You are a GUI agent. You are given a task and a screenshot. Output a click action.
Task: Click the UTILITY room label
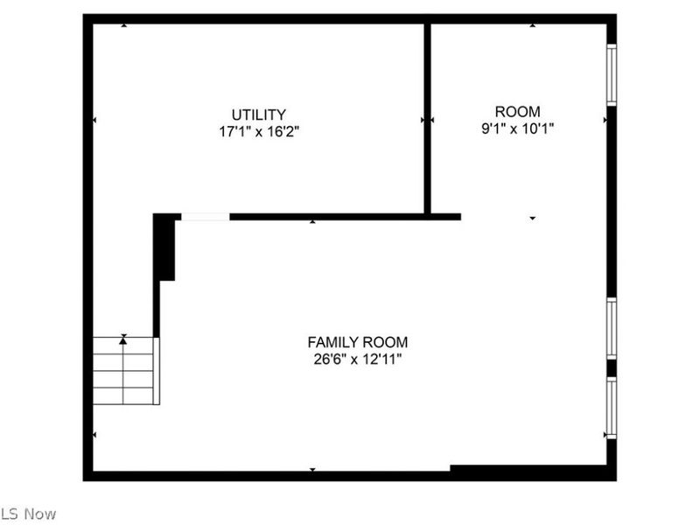[x=258, y=115]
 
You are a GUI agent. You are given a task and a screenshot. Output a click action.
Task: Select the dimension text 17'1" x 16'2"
[x=258, y=132]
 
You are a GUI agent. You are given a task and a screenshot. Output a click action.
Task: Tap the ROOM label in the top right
[x=517, y=111]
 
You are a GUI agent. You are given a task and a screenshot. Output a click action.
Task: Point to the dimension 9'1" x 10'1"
[x=517, y=128]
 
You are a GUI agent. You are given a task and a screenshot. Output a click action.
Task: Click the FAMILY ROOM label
[x=357, y=342]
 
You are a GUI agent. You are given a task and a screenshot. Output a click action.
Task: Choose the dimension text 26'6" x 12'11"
[x=357, y=359]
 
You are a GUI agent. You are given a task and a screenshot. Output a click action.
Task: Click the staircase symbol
[x=124, y=371]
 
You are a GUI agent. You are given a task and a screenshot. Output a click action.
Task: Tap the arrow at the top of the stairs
[x=123, y=337]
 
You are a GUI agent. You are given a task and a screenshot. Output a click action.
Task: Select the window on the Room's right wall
[x=611, y=75]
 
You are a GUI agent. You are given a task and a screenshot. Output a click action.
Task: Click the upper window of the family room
[x=611, y=328]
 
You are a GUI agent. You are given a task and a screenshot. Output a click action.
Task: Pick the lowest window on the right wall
[x=611, y=407]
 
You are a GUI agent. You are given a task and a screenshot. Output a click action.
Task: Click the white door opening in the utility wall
[x=205, y=216]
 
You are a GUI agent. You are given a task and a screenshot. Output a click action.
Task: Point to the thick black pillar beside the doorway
[x=165, y=248]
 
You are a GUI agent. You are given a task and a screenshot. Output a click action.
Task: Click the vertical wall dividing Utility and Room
[x=428, y=118]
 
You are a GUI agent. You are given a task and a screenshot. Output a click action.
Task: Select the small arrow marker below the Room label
[x=532, y=218]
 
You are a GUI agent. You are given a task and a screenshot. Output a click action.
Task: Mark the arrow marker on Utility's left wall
[x=94, y=119]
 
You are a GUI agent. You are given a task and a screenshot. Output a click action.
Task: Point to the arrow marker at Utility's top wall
[x=123, y=25]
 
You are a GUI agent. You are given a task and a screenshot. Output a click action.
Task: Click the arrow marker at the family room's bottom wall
[x=312, y=470]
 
